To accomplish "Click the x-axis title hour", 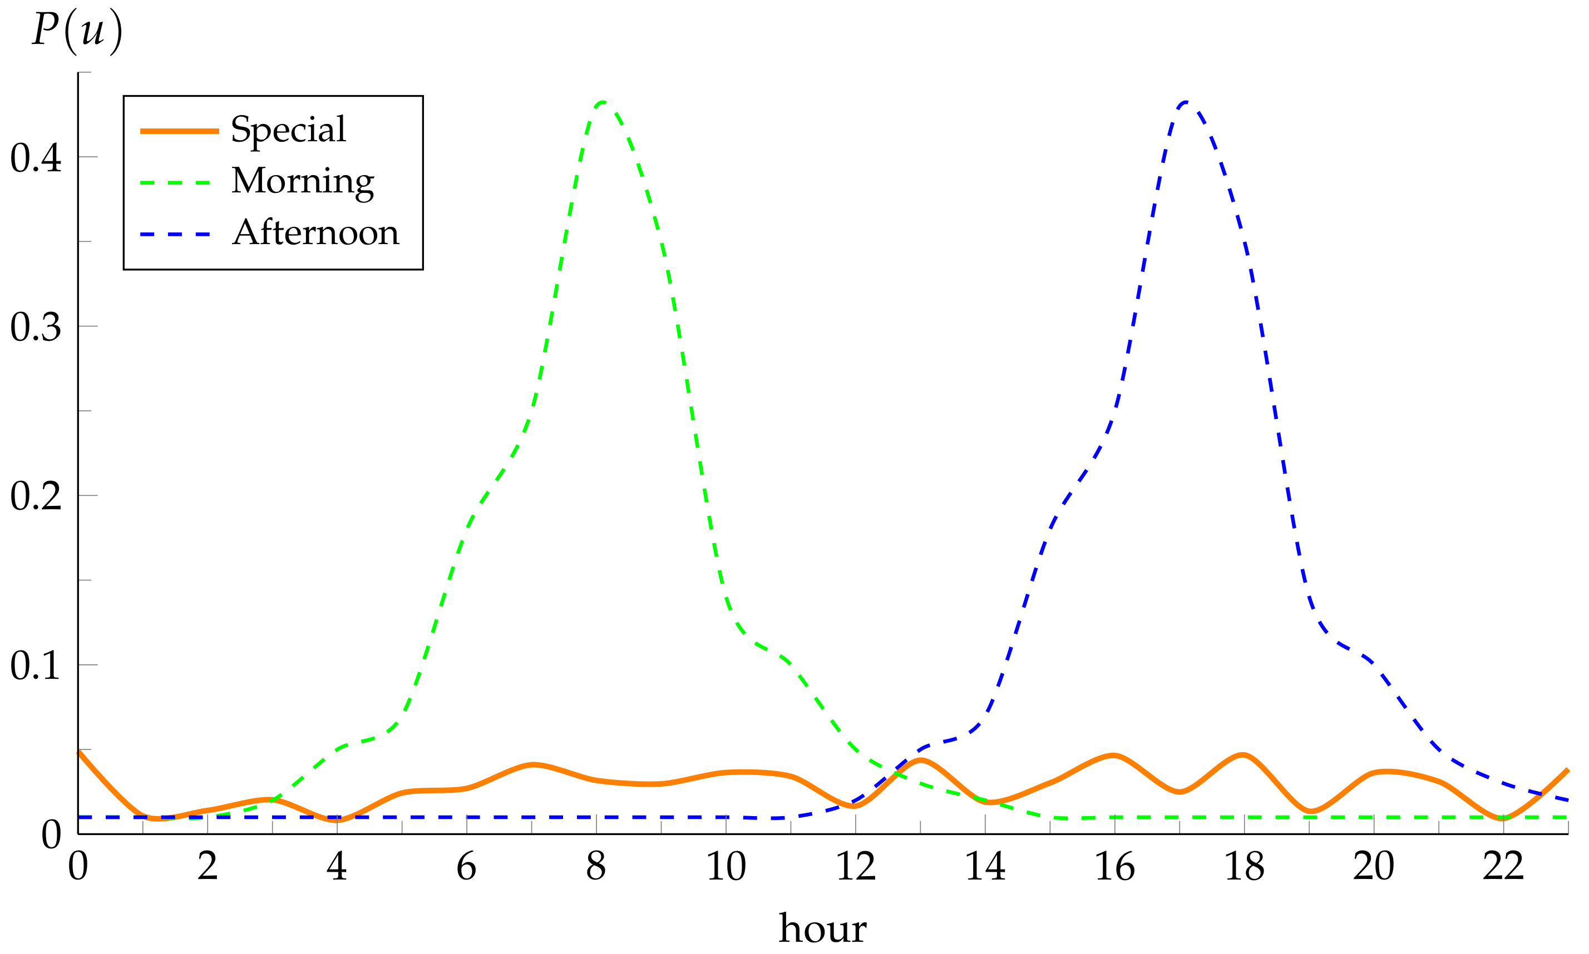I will (822, 928).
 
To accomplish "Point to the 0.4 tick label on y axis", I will (36, 157).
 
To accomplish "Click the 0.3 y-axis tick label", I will (36, 327).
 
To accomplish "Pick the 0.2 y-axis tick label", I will (36, 496).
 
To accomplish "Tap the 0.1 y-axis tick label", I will (36, 665).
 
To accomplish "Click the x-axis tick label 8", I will (596, 867).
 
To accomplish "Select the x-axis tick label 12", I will (855, 867).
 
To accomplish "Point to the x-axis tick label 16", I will (1114, 867).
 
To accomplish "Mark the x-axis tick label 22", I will (1503, 867).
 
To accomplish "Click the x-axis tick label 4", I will (337, 867).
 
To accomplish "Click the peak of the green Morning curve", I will (601, 102).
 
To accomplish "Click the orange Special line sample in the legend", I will (180, 131).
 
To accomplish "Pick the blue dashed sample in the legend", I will (176, 234).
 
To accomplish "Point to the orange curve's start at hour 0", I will (79, 752).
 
